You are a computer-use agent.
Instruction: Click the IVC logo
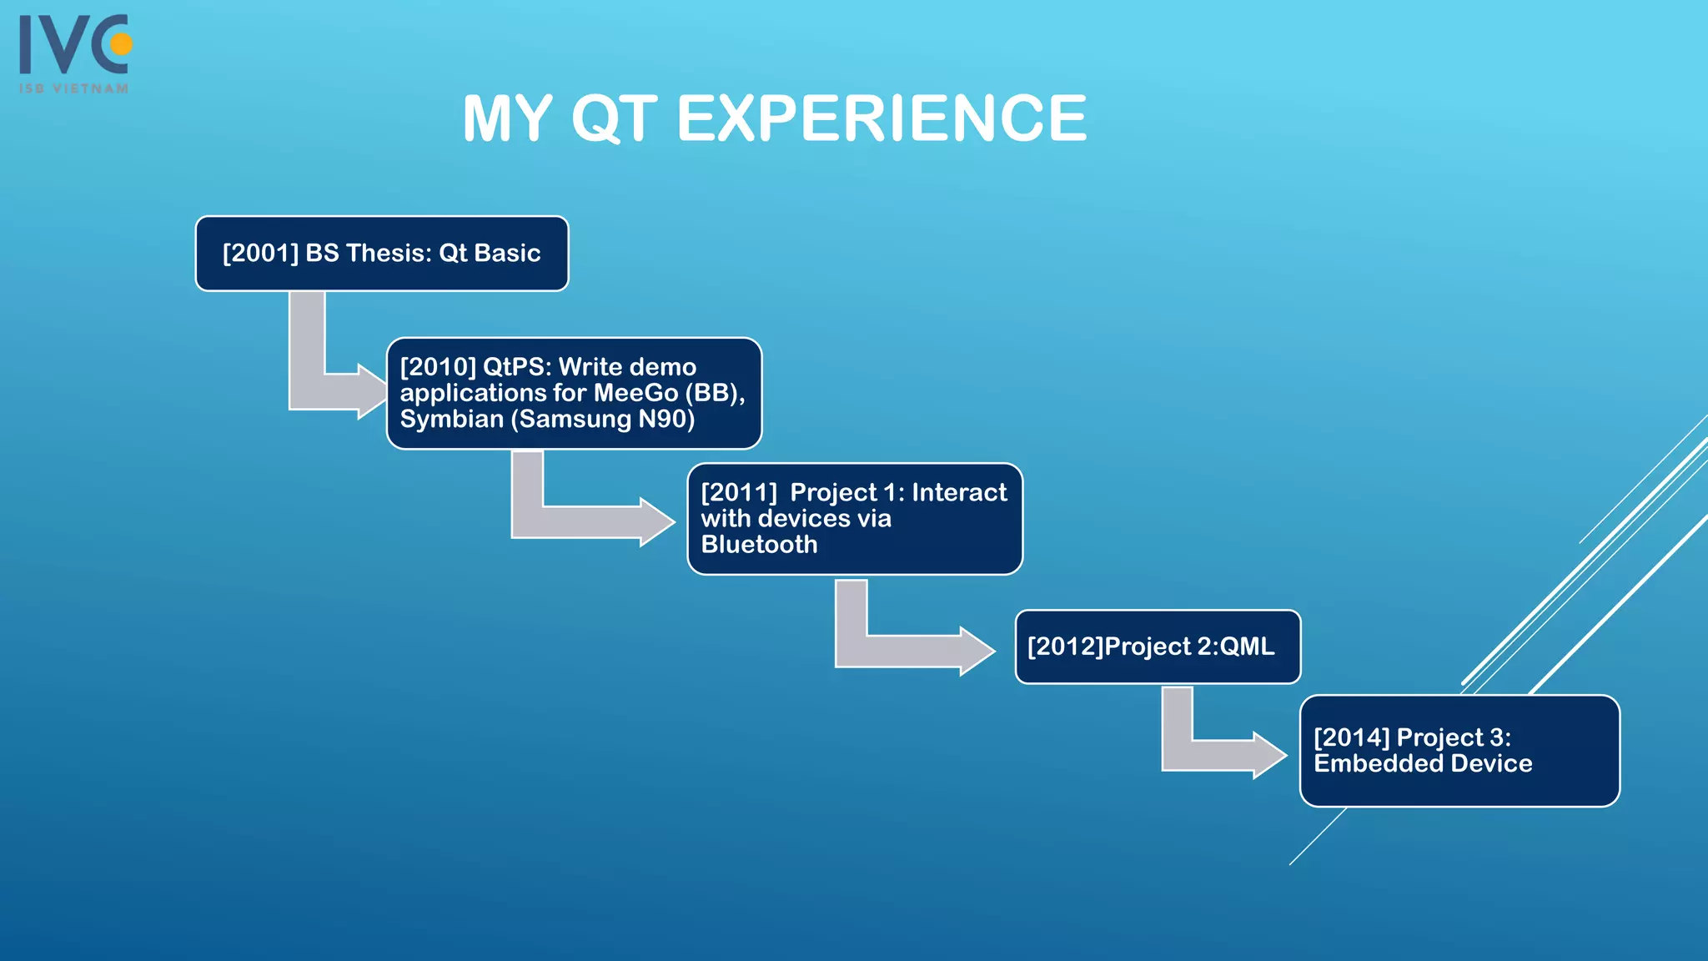coord(73,45)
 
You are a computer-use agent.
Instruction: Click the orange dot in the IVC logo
coord(122,43)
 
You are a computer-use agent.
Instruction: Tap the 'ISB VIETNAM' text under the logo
coord(74,88)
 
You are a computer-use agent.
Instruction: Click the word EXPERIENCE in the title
coord(882,118)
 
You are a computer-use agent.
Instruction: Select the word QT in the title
coord(615,118)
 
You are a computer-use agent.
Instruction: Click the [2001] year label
coord(260,253)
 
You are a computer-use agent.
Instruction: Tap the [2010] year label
coord(438,367)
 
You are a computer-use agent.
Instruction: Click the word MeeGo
coord(636,393)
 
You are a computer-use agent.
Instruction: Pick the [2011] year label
coord(739,492)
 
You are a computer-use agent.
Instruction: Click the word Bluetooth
coord(759,544)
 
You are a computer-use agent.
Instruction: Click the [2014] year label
coord(1351,737)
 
